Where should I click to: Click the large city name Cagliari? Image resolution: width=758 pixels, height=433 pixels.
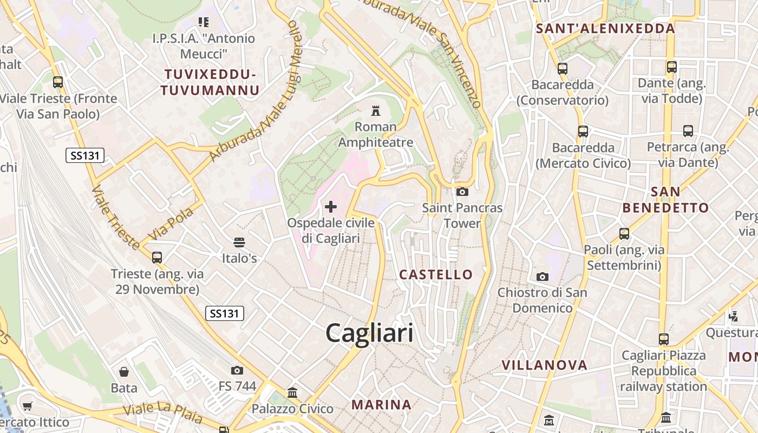pos(369,333)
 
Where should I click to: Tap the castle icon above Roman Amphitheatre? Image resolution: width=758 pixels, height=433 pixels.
pos(375,111)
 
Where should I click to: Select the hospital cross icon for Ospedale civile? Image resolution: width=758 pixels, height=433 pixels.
pos(330,207)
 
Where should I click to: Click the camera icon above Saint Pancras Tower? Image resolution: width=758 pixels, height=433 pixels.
pos(462,192)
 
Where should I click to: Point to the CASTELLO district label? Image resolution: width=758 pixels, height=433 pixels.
pos(436,274)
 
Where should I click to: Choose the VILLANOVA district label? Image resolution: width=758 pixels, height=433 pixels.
pos(544,365)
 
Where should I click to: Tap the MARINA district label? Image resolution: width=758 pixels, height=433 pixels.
pos(381,404)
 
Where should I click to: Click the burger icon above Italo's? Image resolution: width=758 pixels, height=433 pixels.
pos(239,242)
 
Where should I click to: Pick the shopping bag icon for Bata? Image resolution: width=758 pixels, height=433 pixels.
pos(124,372)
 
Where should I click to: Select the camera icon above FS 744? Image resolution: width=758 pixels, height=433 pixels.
pos(237,370)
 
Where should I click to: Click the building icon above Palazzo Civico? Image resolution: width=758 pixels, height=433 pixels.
pos(292,392)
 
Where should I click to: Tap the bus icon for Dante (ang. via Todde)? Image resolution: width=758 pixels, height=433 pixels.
pos(671,67)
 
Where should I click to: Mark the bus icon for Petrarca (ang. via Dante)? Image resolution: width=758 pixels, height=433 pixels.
pos(688,131)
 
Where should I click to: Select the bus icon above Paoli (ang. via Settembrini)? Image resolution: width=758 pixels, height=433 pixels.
pos(624,234)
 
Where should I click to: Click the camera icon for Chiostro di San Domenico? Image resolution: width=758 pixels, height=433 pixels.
pos(542,277)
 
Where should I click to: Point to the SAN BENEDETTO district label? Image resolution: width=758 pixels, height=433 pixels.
pos(665,200)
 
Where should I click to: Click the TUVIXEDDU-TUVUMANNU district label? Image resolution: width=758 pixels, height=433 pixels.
pos(210,82)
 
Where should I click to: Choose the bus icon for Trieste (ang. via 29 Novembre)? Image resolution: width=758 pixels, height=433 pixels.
pos(157,258)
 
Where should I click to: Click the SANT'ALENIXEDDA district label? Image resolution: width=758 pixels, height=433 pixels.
pos(605,29)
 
